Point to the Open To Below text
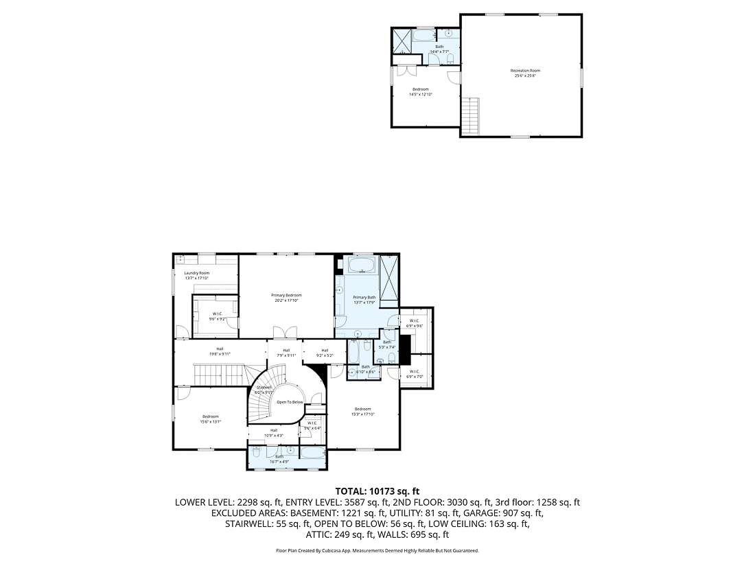290,402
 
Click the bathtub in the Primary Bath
362,266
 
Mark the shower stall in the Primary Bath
389,280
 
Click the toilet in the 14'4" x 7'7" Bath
450,58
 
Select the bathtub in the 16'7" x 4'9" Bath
313,453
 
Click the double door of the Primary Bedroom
286,333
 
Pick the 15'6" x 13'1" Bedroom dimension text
210,422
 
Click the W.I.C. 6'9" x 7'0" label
414,375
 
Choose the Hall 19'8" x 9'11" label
220,351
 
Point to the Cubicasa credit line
377,550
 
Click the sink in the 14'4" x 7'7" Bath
450,33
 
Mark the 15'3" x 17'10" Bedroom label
362,412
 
